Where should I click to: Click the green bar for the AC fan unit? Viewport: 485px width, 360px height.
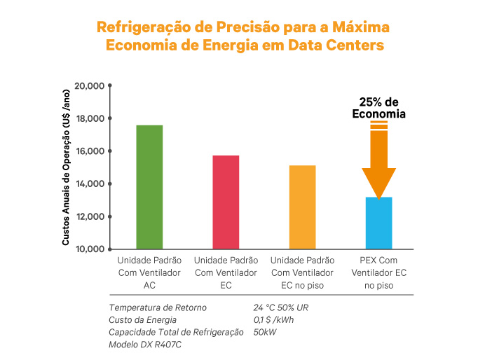click(149, 187)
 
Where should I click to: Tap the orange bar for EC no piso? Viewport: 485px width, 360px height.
click(303, 207)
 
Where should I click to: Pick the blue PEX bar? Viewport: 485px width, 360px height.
click(379, 223)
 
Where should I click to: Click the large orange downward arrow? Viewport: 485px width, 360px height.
click(379, 161)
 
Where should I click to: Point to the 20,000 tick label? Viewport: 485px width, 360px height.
click(89, 85)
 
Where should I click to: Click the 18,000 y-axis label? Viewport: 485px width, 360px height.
click(89, 118)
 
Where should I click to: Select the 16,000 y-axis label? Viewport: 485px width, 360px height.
click(89, 151)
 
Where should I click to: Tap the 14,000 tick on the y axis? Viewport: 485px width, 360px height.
click(89, 184)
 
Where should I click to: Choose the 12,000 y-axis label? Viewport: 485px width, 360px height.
click(89, 216)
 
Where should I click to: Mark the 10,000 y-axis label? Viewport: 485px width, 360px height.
click(89, 249)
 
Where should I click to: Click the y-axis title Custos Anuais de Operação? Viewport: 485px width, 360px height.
click(66, 167)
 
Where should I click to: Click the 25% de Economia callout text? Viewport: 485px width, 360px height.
click(379, 107)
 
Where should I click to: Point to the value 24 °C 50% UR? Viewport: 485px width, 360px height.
click(281, 307)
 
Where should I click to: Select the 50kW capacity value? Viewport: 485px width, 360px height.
click(264, 333)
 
